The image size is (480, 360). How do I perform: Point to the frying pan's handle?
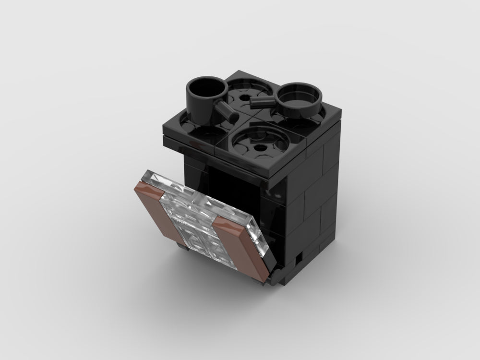pyautogui.click(x=262, y=100)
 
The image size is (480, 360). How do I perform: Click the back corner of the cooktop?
pyautogui.click(x=237, y=72)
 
